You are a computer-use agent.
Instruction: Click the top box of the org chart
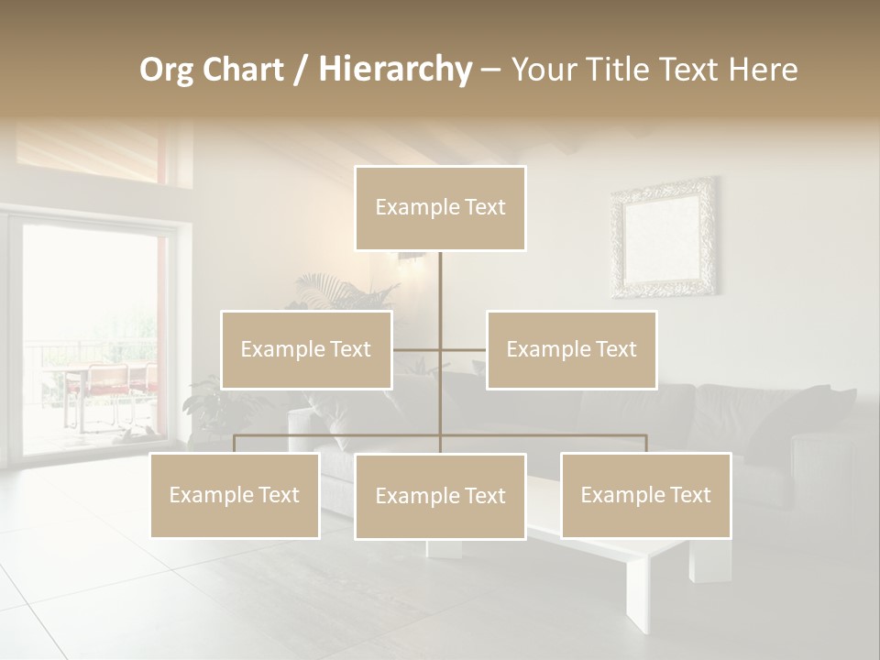(x=440, y=208)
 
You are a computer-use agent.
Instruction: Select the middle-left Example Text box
(x=306, y=349)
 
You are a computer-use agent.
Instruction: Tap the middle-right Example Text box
(x=571, y=349)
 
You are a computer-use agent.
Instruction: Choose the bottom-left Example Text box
(x=235, y=495)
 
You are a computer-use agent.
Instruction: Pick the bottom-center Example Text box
(x=440, y=496)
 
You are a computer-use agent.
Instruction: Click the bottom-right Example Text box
(x=645, y=495)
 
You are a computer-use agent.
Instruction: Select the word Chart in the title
(x=243, y=69)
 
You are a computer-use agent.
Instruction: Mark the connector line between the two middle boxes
(x=440, y=349)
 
